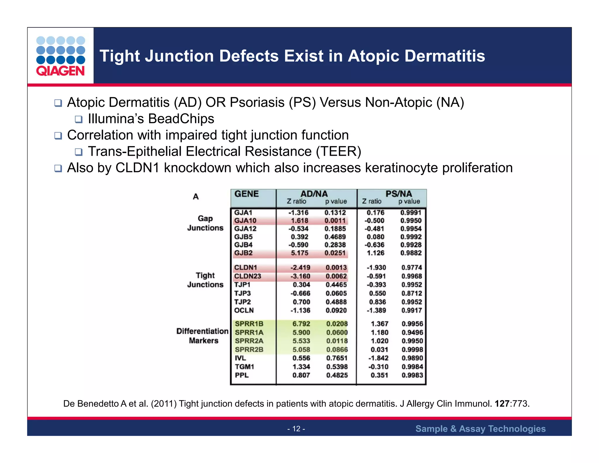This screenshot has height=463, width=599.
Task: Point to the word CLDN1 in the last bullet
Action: pos(137,168)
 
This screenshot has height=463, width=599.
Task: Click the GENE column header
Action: pos(247,194)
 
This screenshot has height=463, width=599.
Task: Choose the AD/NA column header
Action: pos(314,194)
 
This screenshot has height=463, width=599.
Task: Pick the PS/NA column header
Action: pos(398,194)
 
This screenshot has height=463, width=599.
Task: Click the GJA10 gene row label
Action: pos(245,221)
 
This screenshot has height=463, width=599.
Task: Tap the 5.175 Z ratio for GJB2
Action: pos(299,253)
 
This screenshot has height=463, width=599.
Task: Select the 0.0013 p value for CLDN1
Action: pos(336,267)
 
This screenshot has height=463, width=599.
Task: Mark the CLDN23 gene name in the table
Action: pos(247,276)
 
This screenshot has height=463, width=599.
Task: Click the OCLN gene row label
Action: pos(244,311)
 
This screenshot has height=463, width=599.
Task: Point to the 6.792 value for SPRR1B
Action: pos(301,324)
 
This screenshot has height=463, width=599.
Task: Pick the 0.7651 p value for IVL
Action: pos(337,358)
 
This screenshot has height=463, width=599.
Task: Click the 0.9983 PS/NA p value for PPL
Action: pos(412,375)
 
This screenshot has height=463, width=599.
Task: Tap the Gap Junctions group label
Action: pos(205,223)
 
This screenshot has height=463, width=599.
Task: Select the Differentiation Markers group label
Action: pos(202,336)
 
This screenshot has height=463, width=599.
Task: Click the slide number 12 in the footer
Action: pos(296,429)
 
